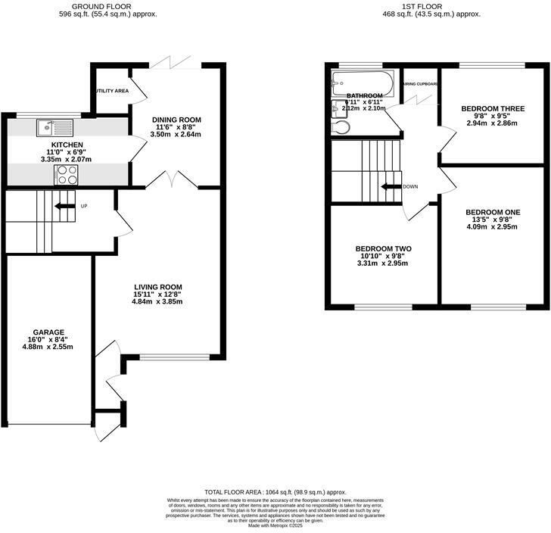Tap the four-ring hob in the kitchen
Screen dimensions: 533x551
(64, 175)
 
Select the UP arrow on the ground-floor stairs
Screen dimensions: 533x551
(64, 205)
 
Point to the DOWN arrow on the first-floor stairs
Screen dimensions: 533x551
(391, 187)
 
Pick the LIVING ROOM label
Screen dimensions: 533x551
(156, 285)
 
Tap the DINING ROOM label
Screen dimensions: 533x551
(176, 120)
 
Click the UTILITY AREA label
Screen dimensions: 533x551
(111, 91)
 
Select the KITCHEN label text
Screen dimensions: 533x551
(67, 145)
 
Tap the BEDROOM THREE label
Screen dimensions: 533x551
(493, 108)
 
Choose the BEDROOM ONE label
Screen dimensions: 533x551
(490, 212)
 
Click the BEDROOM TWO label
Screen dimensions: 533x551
(383, 248)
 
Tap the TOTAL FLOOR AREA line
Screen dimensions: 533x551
(275, 491)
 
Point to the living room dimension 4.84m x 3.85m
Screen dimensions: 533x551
(156, 301)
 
